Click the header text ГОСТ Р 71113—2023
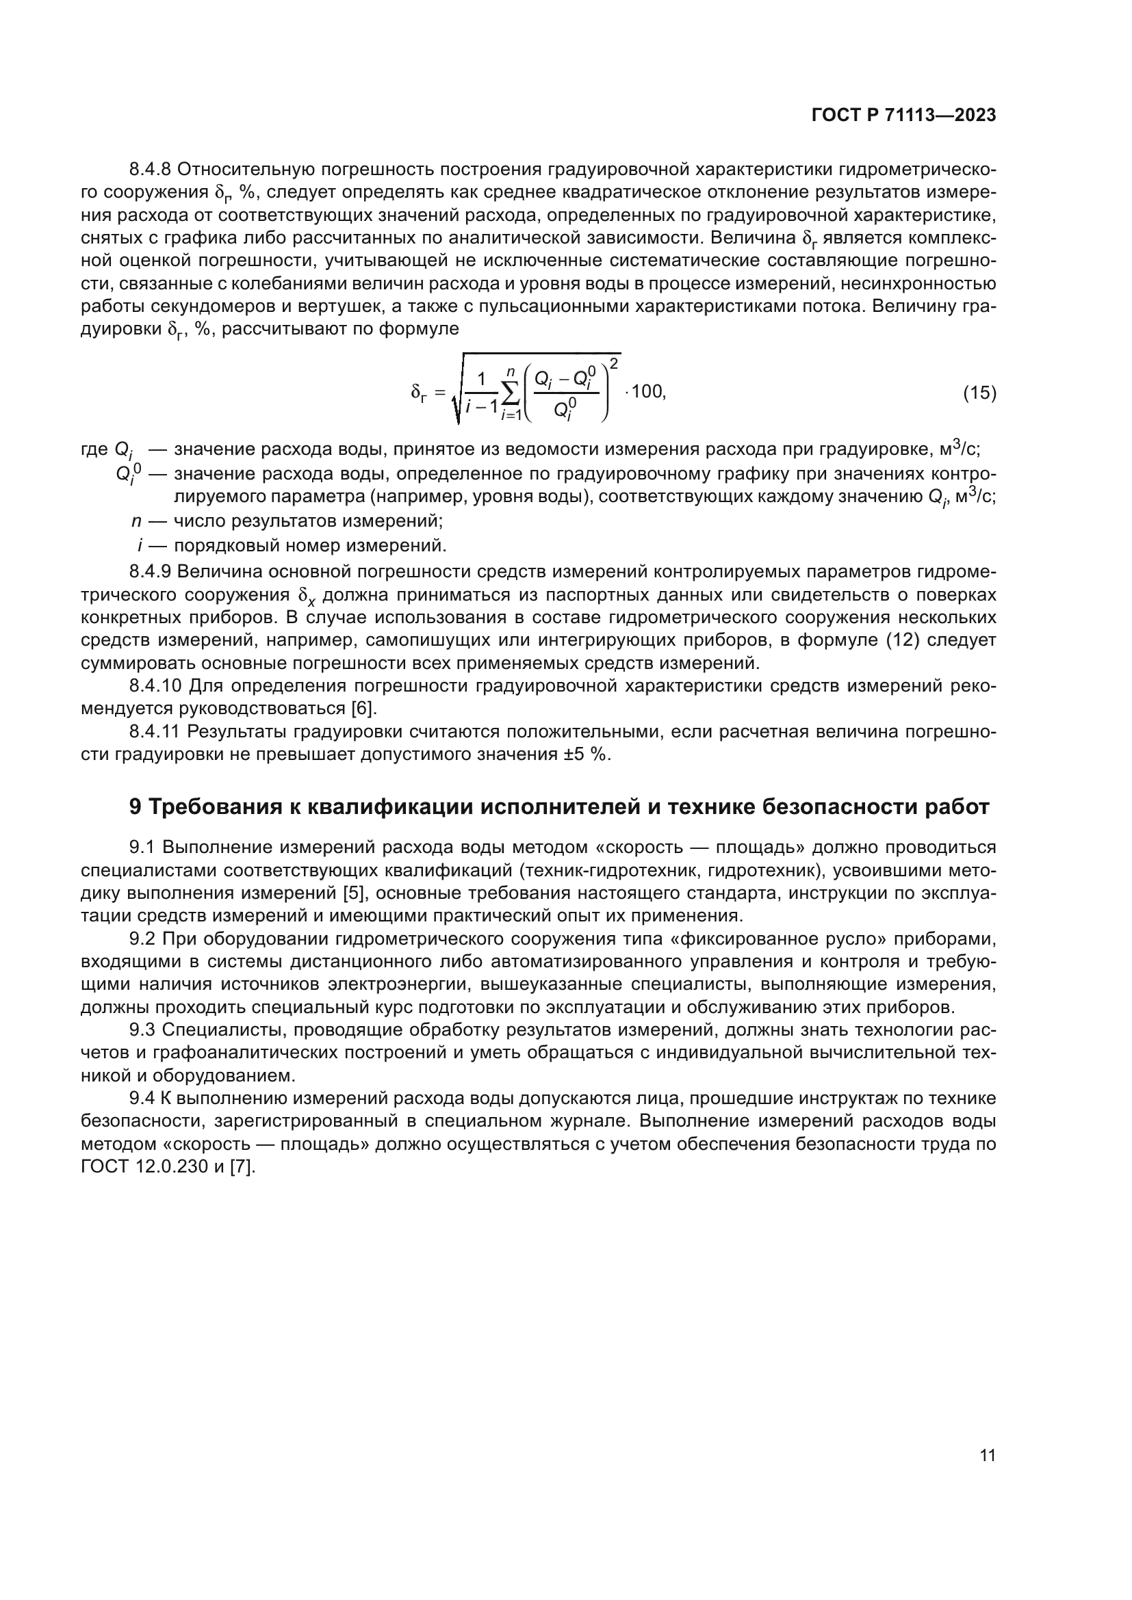click(903, 116)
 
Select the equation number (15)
click(979, 393)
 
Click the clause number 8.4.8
click(151, 170)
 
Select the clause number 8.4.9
click(151, 571)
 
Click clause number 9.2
click(142, 939)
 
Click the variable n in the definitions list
click(137, 521)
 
